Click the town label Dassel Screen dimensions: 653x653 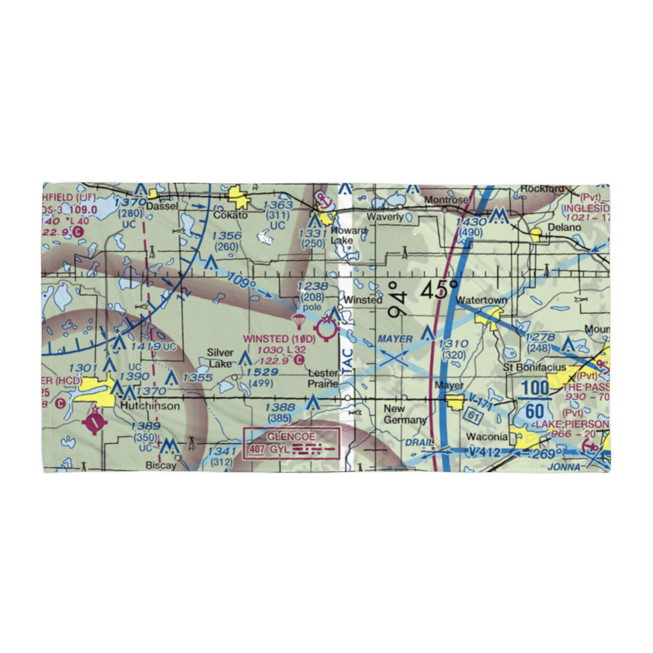161,206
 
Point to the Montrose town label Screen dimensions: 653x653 447,200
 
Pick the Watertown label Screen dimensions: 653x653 482,300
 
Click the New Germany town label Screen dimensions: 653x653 405,414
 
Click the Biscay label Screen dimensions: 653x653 161,466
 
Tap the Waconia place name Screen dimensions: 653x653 486,436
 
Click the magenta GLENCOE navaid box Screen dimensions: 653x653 292,443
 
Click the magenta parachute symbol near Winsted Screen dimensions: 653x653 299,321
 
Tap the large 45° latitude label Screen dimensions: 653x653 439,291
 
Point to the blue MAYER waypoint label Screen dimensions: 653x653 395,340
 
